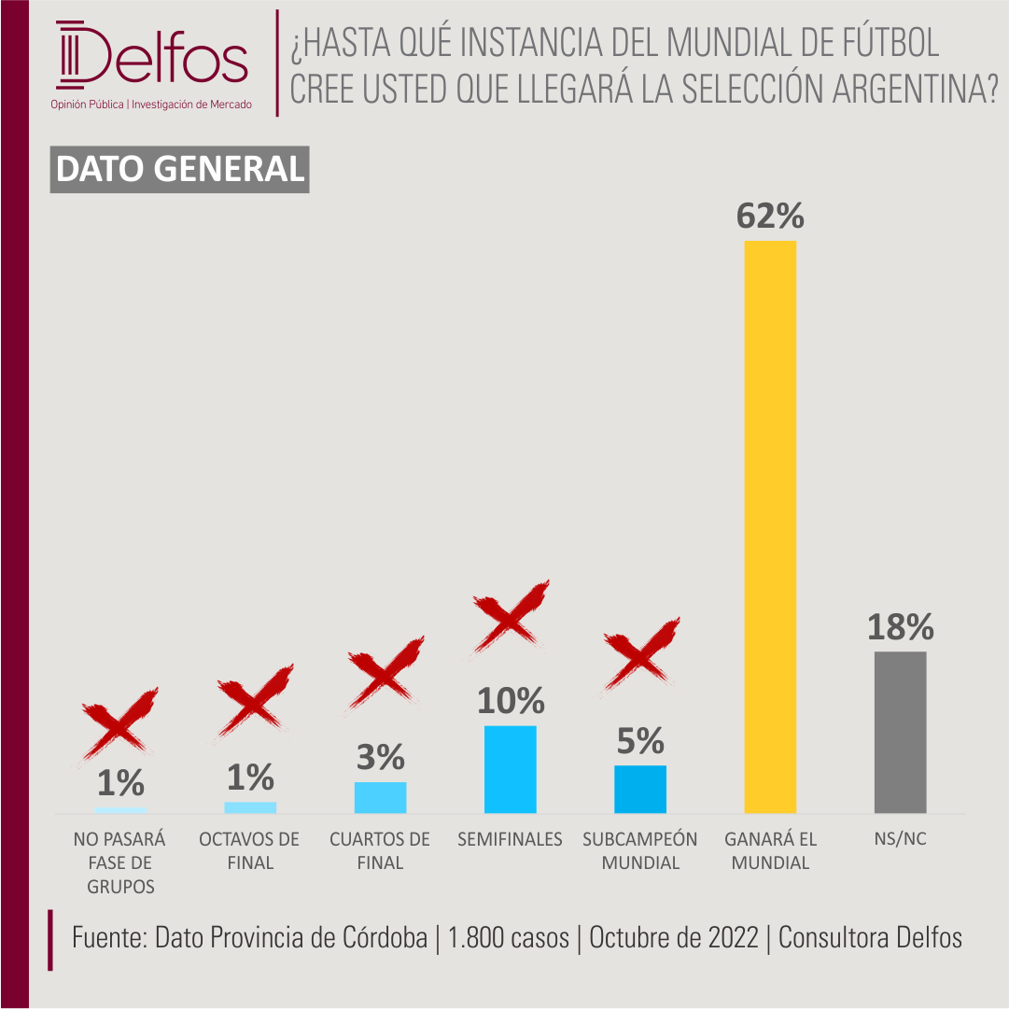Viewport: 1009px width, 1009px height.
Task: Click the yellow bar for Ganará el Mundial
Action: (770, 526)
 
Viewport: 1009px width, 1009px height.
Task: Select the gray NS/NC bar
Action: (900, 733)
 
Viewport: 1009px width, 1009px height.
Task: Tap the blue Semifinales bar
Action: (510, 769)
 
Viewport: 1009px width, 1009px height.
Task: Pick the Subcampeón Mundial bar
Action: (639, 789)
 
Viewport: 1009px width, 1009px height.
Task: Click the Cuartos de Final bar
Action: (380, 797)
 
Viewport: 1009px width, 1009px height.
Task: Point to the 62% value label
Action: (770, 216)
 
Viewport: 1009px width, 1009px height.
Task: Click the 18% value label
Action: (900, 626)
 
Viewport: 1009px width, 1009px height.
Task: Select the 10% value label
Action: (511, 701)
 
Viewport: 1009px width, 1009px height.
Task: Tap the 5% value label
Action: (639, 741)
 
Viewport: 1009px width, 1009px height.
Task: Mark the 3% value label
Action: (380, 757)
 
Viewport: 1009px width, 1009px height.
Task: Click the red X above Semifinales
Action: (510, 618)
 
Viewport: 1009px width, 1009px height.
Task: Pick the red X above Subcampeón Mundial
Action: (639, 656)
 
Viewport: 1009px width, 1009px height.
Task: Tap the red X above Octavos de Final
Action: (254, 703)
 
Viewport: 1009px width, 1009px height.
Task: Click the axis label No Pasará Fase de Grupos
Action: (119, 862)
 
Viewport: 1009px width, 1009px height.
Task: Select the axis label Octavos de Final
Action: (249, 850)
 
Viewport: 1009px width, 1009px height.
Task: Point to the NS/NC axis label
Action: (900, 838)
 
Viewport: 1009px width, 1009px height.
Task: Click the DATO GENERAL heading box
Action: (179, 169)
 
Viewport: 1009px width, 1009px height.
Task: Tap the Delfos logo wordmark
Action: (152, 56)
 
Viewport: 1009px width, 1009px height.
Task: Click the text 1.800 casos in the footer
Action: (509, 937)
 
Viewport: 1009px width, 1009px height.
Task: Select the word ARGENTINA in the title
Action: (915, 88)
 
